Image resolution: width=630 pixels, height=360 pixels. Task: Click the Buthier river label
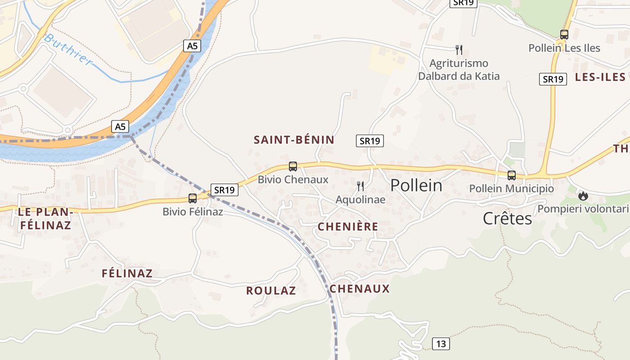coord(68,49)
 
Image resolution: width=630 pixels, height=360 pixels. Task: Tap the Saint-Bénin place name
coord(294,140)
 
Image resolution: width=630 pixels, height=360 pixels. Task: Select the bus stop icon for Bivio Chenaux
coord(293,166)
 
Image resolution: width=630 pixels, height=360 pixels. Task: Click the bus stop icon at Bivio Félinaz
coord(193,198)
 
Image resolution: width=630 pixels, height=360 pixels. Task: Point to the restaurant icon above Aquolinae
coord(360,186)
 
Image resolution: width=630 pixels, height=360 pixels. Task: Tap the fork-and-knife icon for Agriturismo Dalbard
coord(459,49)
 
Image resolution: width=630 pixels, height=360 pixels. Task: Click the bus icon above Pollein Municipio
coord(511,175)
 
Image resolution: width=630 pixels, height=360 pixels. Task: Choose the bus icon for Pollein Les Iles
coord(564,34)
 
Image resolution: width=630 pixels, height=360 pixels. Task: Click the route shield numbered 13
coord(441,344)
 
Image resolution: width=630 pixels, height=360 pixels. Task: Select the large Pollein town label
coord(416,185)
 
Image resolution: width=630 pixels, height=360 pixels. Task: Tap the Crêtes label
coord(507,218)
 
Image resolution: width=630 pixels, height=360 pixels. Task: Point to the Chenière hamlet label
coord(348,227)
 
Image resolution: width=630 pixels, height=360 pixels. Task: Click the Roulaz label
coord(271,291)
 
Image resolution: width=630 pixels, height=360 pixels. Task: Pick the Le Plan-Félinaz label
coord(45,218)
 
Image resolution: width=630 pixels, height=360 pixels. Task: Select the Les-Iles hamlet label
coord(600,77)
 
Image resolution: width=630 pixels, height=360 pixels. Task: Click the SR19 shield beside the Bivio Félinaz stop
coord(224,190)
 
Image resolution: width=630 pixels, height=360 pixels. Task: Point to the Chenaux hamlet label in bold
coord(360,289)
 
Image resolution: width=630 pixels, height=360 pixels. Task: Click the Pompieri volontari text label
coord(583,209)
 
